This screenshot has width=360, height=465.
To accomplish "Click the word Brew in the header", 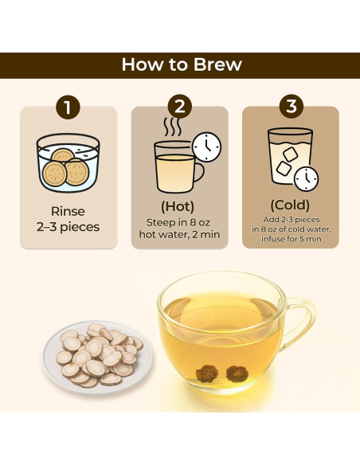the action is [x=217, y=64].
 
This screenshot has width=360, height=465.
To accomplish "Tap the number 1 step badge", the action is [x=68, y=107].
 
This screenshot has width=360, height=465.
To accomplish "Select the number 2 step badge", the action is [x=180, y=107].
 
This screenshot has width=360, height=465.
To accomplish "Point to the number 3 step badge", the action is [x=292, y=106].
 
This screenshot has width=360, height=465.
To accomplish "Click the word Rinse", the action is [x=68, y=212].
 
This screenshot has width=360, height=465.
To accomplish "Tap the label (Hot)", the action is [x=178, y=206].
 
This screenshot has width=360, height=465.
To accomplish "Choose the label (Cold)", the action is [x=290, y=205].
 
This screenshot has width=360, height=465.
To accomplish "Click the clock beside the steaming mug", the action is [x=207, y=147].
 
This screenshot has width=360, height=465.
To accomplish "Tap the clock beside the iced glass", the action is [x=306, y=179].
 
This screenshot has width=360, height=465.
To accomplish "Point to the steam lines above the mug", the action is [x=172, y=127].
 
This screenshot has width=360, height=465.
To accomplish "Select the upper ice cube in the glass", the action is [x=290, y=154].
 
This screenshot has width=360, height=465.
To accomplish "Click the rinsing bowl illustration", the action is [x=68, y=162].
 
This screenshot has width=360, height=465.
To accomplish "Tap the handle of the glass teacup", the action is [x=299, y=323].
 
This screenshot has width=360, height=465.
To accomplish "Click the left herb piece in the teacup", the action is [x=207, y=373].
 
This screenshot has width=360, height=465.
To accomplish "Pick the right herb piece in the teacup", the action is [x=237, y=373].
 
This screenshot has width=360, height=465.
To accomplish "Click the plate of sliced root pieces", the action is [x=97, y=358].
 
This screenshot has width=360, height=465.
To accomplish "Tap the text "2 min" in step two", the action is [x=206, y=235].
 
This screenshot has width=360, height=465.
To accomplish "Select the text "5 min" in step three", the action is [x=310, y=239].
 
